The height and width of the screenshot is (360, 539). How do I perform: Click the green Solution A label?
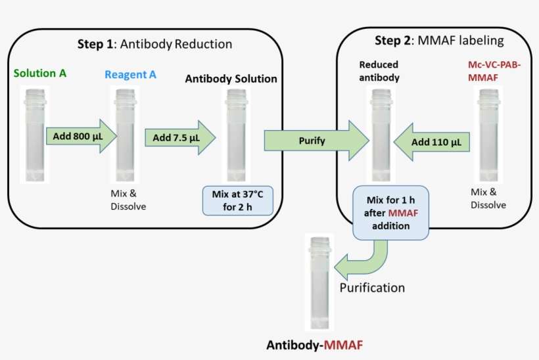[39, 74]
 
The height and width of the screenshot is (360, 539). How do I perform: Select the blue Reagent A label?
[130, 74]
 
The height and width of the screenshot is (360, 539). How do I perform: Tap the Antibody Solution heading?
[231, 79]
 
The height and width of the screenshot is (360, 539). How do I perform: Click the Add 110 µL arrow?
[430, 141]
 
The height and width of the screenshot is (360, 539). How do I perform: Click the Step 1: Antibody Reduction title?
[154, 45]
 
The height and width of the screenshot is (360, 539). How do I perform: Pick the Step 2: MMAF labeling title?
[439, 41]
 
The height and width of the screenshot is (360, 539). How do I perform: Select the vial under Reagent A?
[125, 135]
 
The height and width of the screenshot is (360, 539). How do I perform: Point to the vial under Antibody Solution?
[235, 135]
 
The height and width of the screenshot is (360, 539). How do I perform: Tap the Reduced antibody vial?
[379, 135]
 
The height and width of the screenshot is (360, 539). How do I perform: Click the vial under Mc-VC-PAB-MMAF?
[488, 135]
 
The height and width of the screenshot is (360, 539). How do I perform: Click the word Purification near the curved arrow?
[371, 288]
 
